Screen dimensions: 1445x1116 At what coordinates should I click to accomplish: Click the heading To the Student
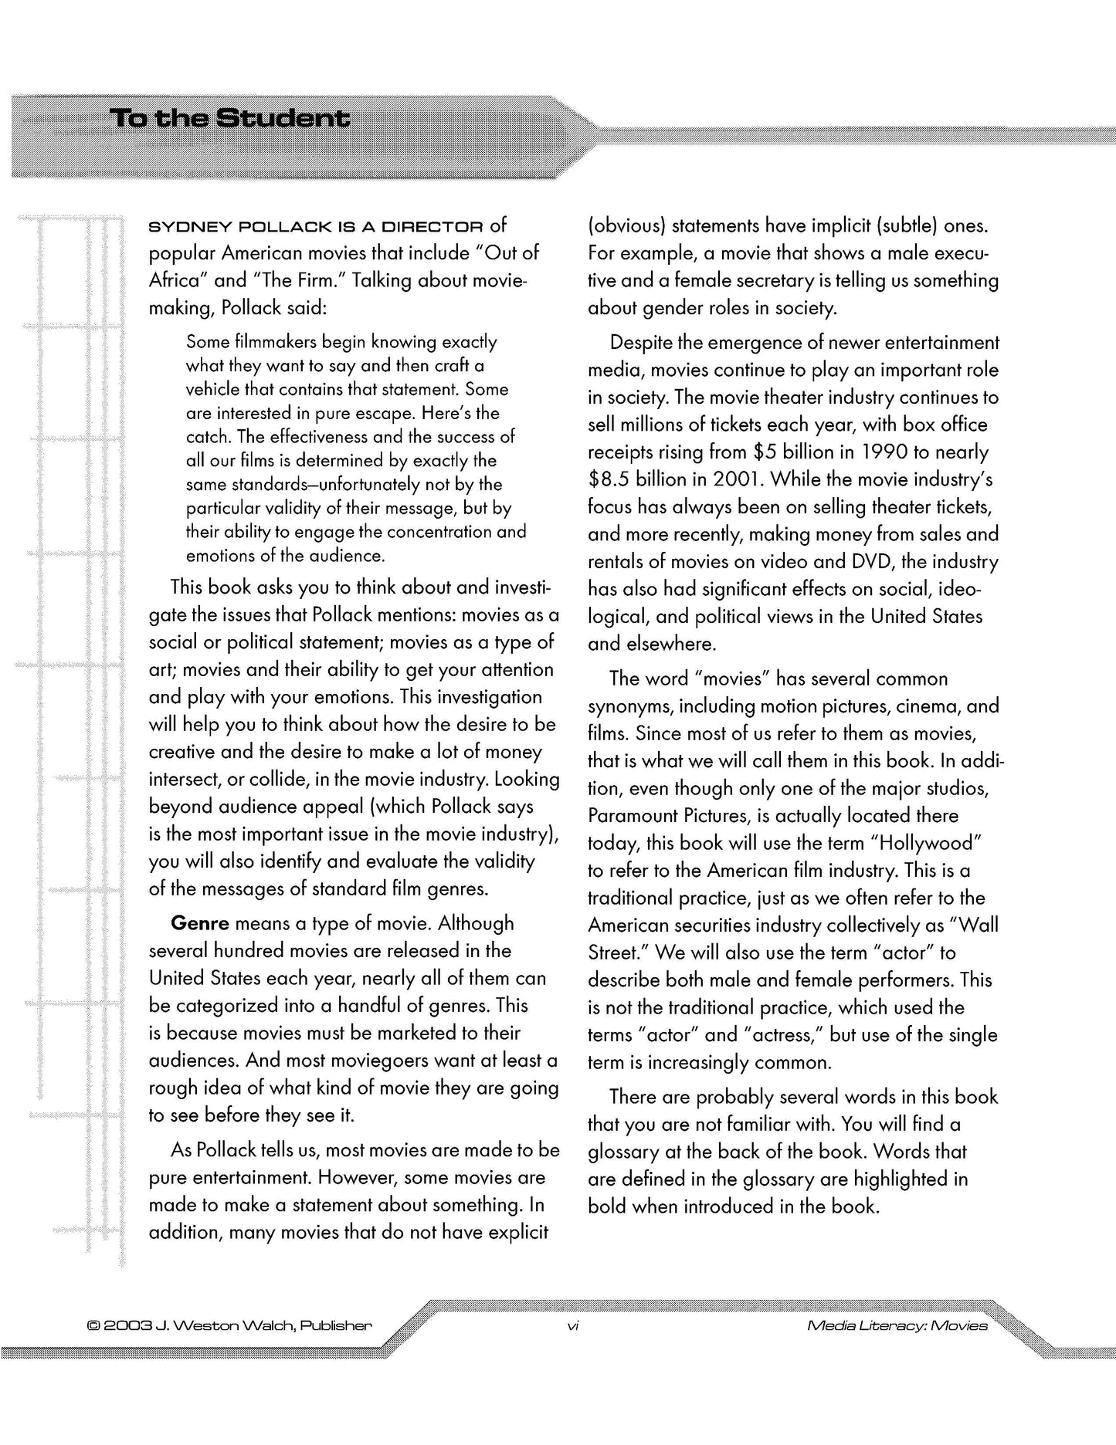coord(229,120)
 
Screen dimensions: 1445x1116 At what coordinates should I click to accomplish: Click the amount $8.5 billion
coord(637,479)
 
